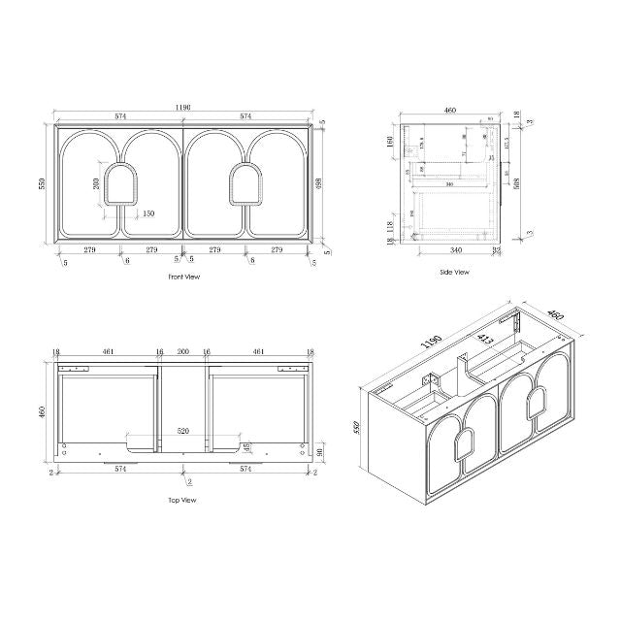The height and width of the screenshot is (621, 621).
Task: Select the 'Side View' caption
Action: [x=454, y=273]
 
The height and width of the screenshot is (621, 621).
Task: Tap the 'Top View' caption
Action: [x=182, y=501]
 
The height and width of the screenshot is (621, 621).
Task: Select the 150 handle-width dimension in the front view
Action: [x=148, y=213]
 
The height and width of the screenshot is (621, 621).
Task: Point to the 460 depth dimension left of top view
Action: [x=41, y=411]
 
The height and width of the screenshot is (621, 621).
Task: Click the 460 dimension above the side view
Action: [x=450, y=111]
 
